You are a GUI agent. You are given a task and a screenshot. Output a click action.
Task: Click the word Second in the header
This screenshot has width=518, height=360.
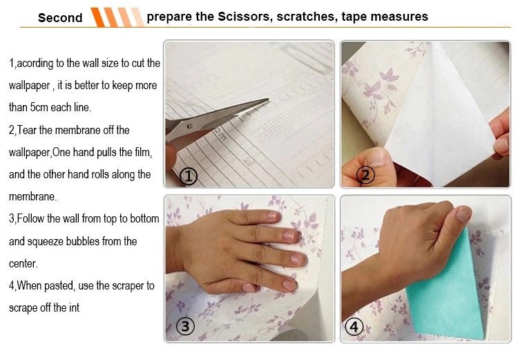tap(60, 17)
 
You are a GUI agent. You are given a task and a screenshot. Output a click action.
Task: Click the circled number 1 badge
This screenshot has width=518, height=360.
tap(189, 176)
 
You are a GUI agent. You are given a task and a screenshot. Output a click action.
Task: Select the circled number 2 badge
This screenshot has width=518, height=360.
tap(365, 175)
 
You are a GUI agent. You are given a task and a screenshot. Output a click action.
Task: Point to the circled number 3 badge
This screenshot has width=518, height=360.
tap(185, 326)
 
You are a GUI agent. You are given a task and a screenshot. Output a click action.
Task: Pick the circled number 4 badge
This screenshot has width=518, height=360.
tap(354, 327)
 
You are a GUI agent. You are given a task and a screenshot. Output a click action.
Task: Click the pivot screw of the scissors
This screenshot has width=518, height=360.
tap(189, 126)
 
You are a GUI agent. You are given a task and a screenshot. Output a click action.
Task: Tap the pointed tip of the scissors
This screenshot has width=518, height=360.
tap(268, 99)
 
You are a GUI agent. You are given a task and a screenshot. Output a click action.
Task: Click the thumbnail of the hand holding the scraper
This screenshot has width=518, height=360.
tap(463, 214)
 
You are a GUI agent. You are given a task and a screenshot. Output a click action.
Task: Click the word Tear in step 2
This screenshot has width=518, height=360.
tap(27, 130)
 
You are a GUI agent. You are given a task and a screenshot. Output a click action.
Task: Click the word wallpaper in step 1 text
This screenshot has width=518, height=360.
tap(30, 86)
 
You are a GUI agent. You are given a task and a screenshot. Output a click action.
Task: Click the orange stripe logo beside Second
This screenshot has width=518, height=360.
tap(117, 17)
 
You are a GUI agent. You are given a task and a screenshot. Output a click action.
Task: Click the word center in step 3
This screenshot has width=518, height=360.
tap(23, 264)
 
